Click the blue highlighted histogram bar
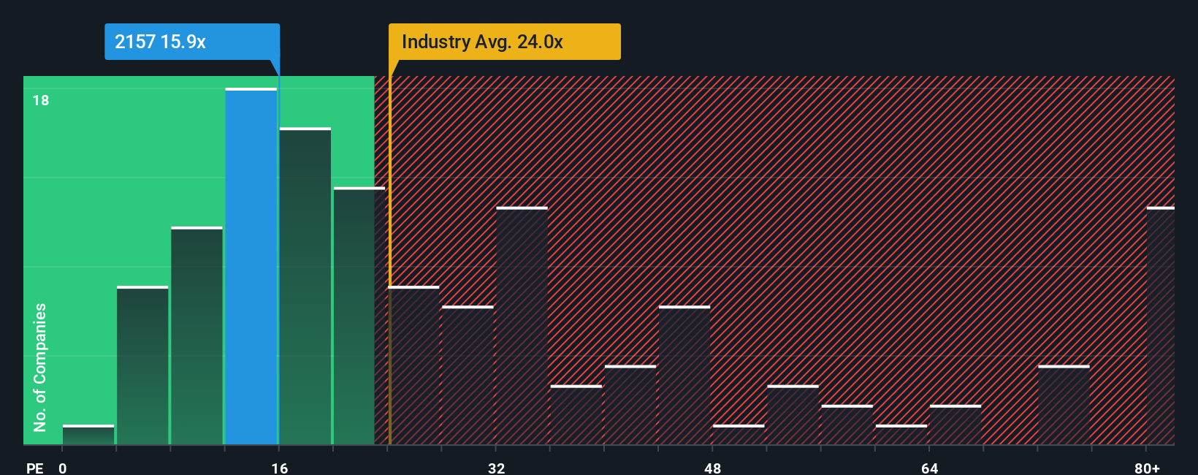point(251,267)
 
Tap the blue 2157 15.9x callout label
point(191,42)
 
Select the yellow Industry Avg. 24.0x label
point(504,42)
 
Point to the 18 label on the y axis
point(41,100)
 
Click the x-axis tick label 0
point(63,468)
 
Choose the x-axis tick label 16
point(280,468)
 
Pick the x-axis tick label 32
point(496,468)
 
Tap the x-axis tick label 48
point(713,468)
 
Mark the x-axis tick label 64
point(929,468)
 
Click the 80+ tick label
point(1147,468)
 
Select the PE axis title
point(34,468)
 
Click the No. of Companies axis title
point(40,367)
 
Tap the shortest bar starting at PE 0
point(88,435)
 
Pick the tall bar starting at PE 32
point(522,326)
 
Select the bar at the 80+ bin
point(1160,326)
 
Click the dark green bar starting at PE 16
point(305,286)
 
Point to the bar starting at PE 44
point(684,376)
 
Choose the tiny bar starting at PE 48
point(739,435)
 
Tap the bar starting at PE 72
point(1064,405)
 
